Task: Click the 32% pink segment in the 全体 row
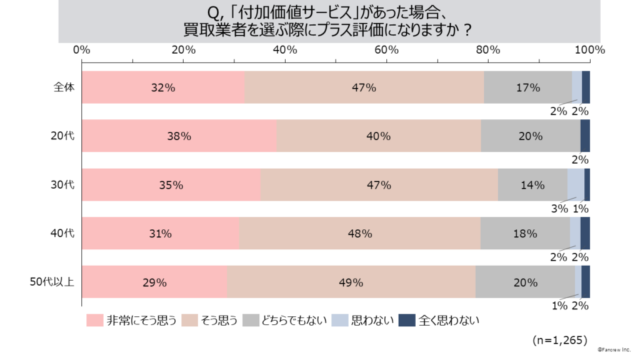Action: (163, 87)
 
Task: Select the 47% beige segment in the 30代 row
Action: (379, 185)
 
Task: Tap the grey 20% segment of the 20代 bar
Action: (530, 136)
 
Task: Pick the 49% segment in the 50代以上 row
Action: (351, 282)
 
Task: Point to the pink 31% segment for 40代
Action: (161, 234)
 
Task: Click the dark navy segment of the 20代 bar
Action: (585, 136)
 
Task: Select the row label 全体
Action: (64, 87)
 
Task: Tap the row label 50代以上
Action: (52, 282)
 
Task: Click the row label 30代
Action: (64, 185)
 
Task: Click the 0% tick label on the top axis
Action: (82, 50)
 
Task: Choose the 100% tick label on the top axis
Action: (589, 50)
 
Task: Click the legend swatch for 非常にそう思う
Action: (94, 321)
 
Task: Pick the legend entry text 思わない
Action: (372, 321)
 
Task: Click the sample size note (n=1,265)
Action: (560, 340)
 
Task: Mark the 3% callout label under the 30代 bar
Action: (558, 209)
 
